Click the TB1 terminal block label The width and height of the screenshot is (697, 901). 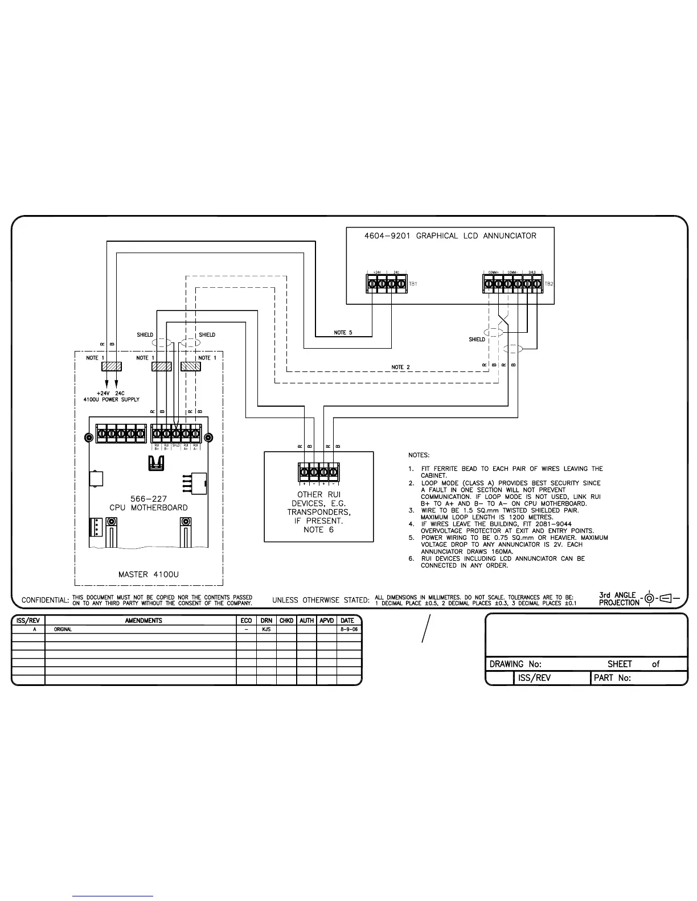coord(413,283)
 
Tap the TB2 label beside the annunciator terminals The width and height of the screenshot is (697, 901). coord(548,283)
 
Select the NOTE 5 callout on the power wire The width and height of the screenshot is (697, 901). coord(343,333)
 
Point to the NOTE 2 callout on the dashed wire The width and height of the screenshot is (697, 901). coord(400,367)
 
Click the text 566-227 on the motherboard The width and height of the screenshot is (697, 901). coord(149,499)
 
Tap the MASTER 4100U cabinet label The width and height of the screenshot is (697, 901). coord(148,575)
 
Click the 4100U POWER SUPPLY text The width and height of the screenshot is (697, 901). coord(111,399)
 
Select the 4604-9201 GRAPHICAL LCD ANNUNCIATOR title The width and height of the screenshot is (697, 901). coord(450,235)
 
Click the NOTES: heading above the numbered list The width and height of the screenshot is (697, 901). coord(419,455)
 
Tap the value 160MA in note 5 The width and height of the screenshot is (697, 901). coord(501,551)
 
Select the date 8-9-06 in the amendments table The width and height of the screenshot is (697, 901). coord(348,630)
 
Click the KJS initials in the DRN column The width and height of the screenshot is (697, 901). coord(266,630)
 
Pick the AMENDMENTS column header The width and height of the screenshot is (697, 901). coord(143,621)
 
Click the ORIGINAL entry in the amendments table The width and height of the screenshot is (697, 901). coord(63,630)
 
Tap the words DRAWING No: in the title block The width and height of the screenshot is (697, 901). coord(515,664)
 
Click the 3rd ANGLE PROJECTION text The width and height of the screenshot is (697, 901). coord(618,599)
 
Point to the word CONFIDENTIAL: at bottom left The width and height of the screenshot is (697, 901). coord(45,600)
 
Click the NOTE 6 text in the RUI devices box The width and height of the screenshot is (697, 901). coord(318,530)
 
